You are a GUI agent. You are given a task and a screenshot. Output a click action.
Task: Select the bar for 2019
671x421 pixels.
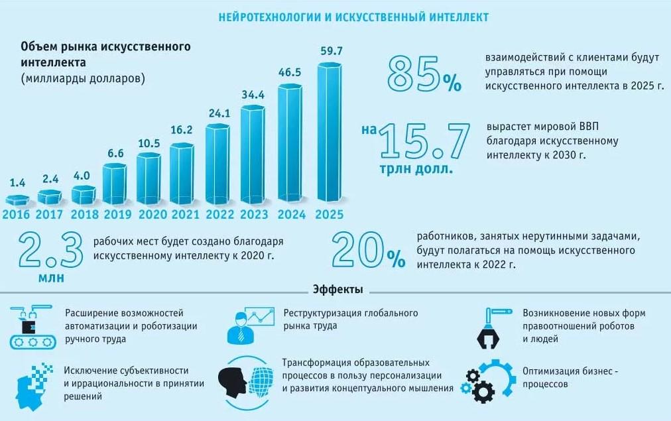click(x=115, y=183)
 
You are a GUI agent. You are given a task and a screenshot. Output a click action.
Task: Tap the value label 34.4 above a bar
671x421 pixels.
click(x=253, y=95)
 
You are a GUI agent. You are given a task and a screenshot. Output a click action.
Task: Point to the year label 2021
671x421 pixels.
click(x=186, y=215)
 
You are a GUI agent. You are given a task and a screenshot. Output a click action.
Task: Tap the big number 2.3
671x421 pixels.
click(x=50, y=250)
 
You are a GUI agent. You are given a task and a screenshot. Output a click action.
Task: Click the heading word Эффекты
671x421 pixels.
click(x=336, y=290)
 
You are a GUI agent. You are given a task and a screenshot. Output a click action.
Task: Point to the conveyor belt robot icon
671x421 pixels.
click(x=29, y=328)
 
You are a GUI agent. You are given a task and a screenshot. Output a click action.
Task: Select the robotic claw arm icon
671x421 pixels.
click(x=493, y=327)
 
